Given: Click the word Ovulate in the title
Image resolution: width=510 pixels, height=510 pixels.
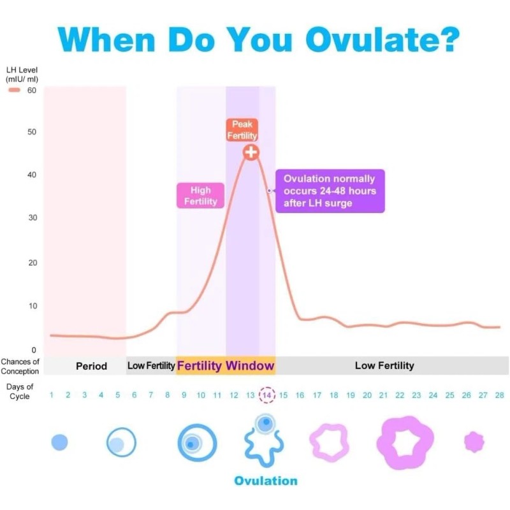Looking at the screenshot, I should (x=381, y=40).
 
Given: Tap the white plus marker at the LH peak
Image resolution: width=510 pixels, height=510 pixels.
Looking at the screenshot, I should (x=251, y=152).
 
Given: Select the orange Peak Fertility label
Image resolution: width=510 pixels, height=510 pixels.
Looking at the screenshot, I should (x=242, y=130).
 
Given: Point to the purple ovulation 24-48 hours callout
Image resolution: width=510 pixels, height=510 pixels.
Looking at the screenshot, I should (x=330, y=191).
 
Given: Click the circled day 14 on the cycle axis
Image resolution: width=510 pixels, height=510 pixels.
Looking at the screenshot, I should (x=267, y=395).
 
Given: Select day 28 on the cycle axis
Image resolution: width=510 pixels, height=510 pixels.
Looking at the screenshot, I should (x=499, y=395).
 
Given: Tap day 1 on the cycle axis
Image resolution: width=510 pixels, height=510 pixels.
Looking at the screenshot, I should (x=52, y=395).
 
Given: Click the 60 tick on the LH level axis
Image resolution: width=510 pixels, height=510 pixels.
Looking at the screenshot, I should (x=31, y=91).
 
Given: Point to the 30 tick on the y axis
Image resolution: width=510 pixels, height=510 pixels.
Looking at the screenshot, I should (x=31, y=218).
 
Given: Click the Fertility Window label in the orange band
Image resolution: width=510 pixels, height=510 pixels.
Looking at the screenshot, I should (x=226, y=366).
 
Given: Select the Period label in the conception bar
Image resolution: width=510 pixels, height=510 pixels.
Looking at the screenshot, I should (x=91, y=366).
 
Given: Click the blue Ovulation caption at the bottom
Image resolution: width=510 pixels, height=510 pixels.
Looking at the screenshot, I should (x=266, y=480).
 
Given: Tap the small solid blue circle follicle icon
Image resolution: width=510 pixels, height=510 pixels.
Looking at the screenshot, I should (x=59, y=442).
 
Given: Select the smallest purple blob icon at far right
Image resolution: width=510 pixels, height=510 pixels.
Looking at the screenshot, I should (x=474, y=441).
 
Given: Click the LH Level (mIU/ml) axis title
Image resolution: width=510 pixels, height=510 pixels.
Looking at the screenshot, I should (x=24, y=74).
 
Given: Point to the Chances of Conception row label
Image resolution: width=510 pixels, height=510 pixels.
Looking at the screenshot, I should (x=20, y=367).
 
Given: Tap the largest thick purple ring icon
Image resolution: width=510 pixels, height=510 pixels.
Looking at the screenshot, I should (x=405, y=442).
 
